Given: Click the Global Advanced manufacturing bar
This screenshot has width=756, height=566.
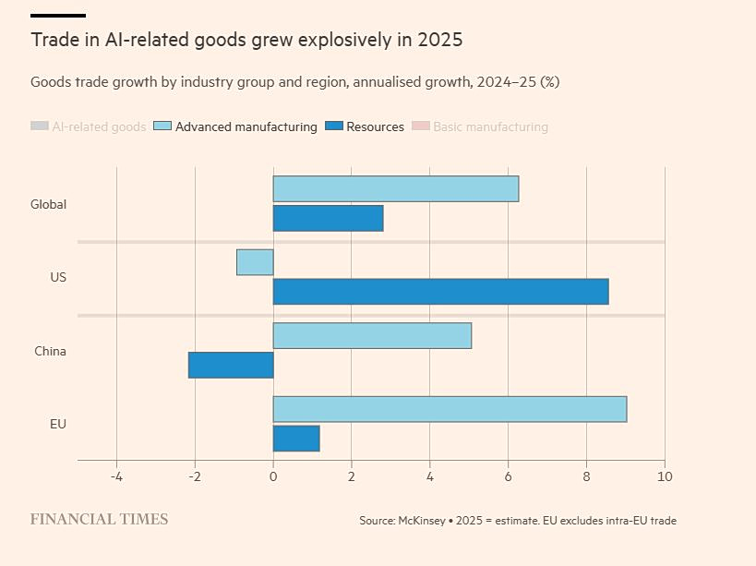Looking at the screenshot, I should (395, 188).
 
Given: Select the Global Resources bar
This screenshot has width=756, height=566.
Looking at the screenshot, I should (328, 219).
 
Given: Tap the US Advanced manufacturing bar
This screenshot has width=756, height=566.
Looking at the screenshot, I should (255, 262).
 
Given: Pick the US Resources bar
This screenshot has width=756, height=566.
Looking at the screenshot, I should (440, 292).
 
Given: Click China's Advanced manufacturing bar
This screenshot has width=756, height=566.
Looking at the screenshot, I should (372, 335).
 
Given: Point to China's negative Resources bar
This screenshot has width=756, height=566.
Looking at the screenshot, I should (231, 365).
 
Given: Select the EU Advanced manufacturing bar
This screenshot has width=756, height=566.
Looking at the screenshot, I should (450, 409).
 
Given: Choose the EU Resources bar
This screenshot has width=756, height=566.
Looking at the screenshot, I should (296, 439).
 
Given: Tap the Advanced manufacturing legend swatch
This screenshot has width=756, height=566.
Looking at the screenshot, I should (162, 126).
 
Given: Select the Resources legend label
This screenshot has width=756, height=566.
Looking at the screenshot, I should (375, 126).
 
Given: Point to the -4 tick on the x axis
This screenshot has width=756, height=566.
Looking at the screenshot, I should (116, 476).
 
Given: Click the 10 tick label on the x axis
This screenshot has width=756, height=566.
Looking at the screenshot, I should (665, 476).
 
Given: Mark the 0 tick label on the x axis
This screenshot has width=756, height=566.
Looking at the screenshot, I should (273, 476).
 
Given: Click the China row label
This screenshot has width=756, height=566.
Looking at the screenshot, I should (50, 351).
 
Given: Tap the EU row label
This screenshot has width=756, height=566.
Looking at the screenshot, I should (58, 424).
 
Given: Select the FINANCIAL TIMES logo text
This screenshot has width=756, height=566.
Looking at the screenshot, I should (99, 519).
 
